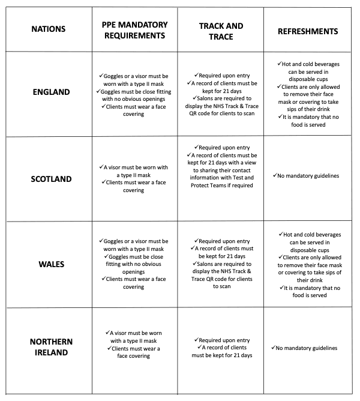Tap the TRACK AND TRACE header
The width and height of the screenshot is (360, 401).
click(x=220, y=30)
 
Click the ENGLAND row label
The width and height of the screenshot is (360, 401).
click(x=51, y=92)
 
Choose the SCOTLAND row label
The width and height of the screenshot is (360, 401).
click(x=51, y=178)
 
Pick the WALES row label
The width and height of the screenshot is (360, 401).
click(x=51, y=264)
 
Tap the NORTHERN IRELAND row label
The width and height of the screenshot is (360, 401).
click(x=51, y=346)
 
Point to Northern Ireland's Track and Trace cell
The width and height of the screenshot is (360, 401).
click(x=220, y=348)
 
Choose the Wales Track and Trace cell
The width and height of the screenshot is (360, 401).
click(x=220, y=264)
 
